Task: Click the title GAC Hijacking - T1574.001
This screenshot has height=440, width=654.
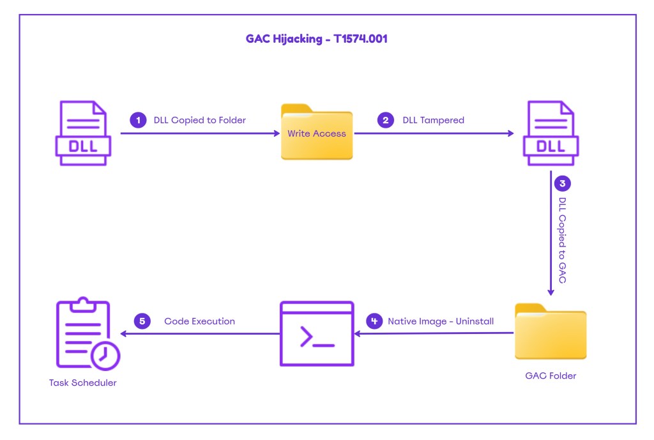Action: point(317,39)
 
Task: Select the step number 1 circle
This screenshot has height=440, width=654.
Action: point(137,120)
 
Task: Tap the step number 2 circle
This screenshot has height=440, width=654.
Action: point(385,120)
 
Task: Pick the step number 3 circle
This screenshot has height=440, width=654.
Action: point(562,184)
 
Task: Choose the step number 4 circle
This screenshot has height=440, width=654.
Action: point(374,321)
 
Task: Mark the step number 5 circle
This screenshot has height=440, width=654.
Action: point(142,321)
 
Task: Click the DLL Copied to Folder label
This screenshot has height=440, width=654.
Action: point(199,120)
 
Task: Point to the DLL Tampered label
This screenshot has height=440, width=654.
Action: point(433,120)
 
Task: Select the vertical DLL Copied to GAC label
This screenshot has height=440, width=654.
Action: point(562,241)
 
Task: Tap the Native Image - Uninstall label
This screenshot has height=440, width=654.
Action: point(441,321)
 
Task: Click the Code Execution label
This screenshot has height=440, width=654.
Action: point(199,321)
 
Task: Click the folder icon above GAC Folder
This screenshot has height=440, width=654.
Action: point(551,331)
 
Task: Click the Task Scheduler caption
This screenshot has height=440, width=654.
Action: point(83,383)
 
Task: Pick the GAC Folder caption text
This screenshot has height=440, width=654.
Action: point(551,376)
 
